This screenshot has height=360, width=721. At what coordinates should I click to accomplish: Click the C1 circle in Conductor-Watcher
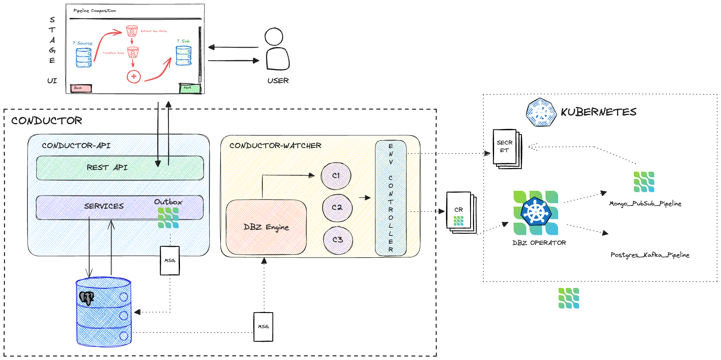coord(336,176)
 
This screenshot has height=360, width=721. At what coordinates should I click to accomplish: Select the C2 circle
coord(337,207)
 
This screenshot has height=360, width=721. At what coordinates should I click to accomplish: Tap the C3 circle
coord(338,239)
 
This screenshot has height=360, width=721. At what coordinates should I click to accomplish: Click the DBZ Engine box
coord(266,227)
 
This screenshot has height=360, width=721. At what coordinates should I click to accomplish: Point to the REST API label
coord(107,168)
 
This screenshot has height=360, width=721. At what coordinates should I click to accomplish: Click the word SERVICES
coord(104,206)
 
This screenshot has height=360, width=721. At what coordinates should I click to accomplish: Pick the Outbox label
coord(168,202)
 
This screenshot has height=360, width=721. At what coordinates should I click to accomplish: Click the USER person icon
coord(277,49)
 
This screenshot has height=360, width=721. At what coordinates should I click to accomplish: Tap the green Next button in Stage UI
coord(190,88)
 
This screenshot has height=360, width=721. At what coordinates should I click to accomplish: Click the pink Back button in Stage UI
coord(81,88)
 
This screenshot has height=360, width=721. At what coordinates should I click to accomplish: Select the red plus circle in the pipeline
coord(134,76)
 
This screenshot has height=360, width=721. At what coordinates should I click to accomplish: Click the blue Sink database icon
coord(184,55)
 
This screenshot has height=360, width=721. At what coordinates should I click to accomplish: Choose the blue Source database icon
coord(84,58)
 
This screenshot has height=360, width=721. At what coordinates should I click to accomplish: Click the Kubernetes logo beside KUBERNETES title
coord(541,112)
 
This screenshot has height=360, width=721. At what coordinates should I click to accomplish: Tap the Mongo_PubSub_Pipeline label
coord(645,203)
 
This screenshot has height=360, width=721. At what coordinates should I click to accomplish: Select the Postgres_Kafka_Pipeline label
coord(650,255)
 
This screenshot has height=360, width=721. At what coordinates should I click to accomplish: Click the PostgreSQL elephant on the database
coord(86,297)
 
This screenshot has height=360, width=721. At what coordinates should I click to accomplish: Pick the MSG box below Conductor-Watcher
coord(263,327)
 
